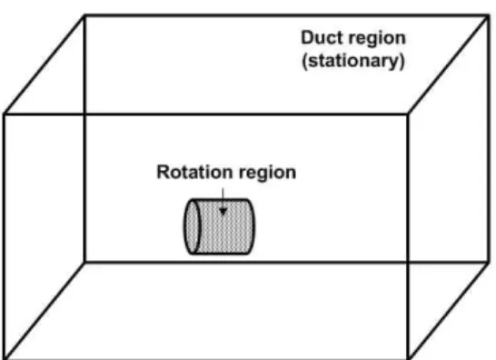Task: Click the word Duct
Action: [x=321, y=37]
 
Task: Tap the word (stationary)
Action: [x=353, y=61]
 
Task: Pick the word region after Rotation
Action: [x=268, y=174]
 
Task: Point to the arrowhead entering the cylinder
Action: [x=223, y=212]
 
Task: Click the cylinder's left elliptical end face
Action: [x=192, y=226]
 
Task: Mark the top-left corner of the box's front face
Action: [x=4, y=114]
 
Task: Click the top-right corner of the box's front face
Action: [x=408, y=114]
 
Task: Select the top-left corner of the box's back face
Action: [x=84, y=15]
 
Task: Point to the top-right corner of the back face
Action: [x=489, y=15]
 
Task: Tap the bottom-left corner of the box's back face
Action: [x=84, y=262]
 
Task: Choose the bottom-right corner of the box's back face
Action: [x=489, y=262]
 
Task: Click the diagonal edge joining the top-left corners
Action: [x=45, y=65]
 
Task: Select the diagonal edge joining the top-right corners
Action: [x=448, y=65]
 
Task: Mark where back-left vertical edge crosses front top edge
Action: [x=84, y=114]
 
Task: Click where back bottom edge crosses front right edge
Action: [x=408, y=262]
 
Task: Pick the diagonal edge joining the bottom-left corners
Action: [x=45, y=311]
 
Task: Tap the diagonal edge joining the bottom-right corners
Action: [x=449, y=311]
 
